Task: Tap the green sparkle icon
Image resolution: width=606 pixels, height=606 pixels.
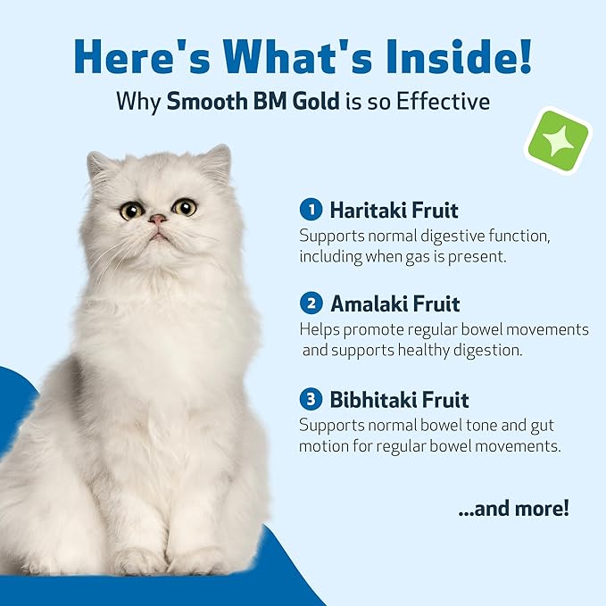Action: click(x=558, y=140)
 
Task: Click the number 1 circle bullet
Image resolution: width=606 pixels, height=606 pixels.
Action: click(x=311, y=210)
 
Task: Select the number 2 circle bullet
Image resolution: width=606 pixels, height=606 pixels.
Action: click(x=311, y=303)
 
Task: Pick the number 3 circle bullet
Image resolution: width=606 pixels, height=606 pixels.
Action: click(x=311, y=398)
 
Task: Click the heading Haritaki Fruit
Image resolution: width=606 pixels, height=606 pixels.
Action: click(x=394, y=211)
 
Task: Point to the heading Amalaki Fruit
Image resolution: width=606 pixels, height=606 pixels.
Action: click(x=395, y=303)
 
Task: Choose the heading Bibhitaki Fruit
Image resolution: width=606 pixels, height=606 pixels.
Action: click(x=399, y=398)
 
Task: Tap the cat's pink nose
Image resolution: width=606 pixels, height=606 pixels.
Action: click(x=157, y=219)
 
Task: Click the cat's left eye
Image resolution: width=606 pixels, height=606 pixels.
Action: click(x=131, y=211)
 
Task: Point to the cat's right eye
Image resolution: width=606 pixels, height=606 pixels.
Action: click(x=184, y=207)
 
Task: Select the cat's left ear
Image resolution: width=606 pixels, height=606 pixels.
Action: click(x=101, y=166)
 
